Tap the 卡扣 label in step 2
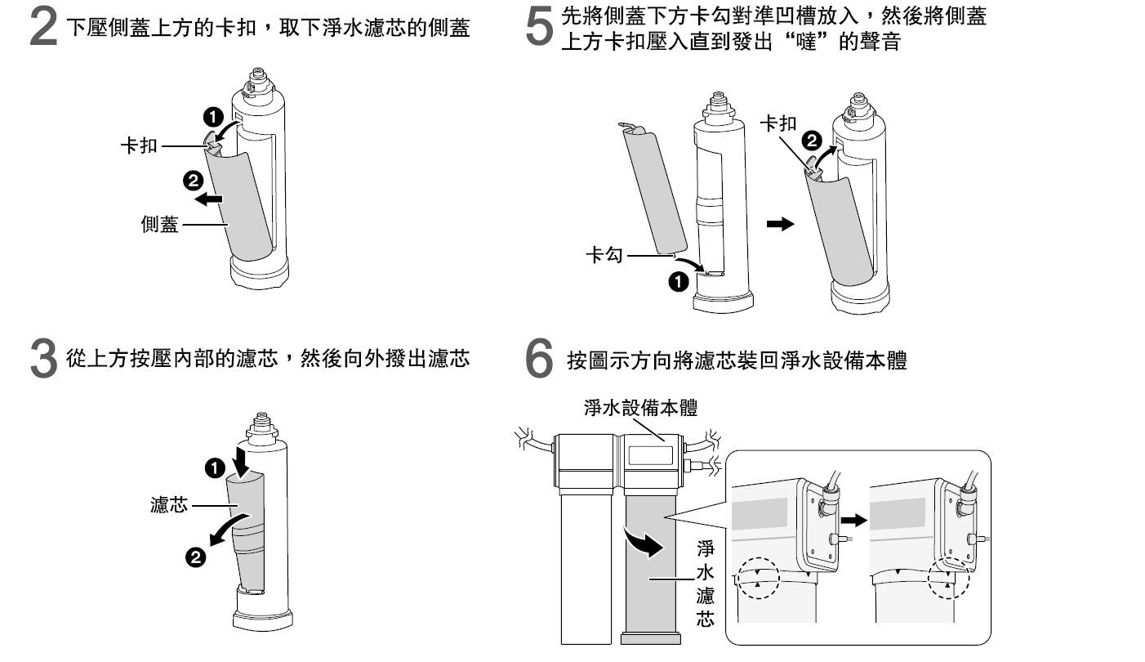139,147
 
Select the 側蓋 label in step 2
159,225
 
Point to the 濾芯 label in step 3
169,505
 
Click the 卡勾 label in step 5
604,257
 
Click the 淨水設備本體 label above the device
640,408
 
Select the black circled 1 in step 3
212,467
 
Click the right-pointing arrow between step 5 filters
782,224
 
